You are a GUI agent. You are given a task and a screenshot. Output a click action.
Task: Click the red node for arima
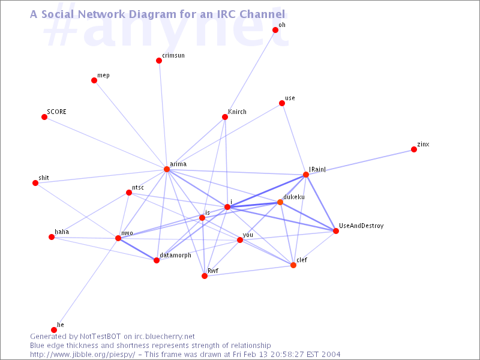point(167,169)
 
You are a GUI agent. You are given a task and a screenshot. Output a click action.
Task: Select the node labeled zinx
point(414,149)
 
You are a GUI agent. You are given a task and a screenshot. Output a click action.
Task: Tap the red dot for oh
point(275,30)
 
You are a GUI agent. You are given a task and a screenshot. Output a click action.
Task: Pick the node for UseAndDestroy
point(336,231)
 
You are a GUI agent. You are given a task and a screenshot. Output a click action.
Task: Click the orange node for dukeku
point(280,202)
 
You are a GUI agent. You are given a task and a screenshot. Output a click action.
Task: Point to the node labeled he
point(54,329)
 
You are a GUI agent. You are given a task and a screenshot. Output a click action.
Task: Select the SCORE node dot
point(44,117)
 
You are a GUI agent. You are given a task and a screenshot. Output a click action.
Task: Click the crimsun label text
point(173,55)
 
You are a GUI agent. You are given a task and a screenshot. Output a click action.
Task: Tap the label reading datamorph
point(175,256)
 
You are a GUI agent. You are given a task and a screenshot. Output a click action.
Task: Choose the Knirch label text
point(237,112)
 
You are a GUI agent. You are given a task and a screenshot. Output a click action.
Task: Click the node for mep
point(94,80)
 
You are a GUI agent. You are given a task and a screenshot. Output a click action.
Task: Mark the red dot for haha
point(52,237)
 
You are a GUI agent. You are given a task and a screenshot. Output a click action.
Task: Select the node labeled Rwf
point(205,276)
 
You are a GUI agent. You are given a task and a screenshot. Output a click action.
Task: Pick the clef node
point(293,265)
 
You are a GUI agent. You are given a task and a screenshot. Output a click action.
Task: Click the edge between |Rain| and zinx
point(360,162)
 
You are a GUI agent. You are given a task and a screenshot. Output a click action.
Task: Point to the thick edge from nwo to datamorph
point(137,249)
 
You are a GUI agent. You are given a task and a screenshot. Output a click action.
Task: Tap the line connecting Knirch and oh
point(250,73)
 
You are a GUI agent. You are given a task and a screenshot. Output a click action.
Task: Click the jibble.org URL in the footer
point(83,355)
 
